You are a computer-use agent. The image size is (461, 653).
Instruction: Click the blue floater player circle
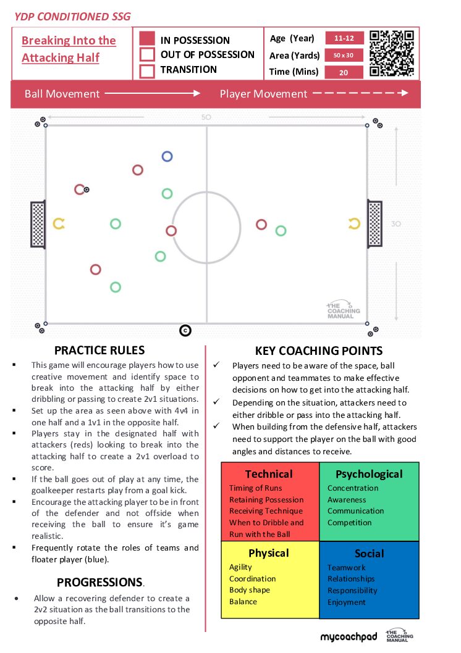point(167,152)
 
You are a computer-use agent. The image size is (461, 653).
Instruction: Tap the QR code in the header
point(391,53)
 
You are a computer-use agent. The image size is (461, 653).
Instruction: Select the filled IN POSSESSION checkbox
point(147,38)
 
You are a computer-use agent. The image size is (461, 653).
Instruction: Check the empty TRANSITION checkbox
point(147,70)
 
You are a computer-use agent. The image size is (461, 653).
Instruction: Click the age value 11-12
point(344,38)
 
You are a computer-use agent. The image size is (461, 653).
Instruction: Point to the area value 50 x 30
point(344,55)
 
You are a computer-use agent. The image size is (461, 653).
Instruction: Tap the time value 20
point(344,72)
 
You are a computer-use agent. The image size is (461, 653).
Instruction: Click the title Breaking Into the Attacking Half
point(69,49)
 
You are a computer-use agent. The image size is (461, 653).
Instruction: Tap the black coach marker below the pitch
point(185,331)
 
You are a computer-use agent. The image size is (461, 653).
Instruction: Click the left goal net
point(38,224)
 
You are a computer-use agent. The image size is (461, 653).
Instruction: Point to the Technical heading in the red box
point(269,474)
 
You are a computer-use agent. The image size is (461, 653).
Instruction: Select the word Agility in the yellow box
point(240,567)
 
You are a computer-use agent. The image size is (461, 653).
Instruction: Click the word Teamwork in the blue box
point(347,568)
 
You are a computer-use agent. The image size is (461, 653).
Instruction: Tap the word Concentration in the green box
point(353,488)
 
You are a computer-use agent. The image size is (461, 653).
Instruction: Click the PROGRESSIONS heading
point(100,582)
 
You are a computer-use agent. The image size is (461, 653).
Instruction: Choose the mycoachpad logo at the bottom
point(349,637)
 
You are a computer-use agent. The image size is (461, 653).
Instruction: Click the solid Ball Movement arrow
point(153,93)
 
